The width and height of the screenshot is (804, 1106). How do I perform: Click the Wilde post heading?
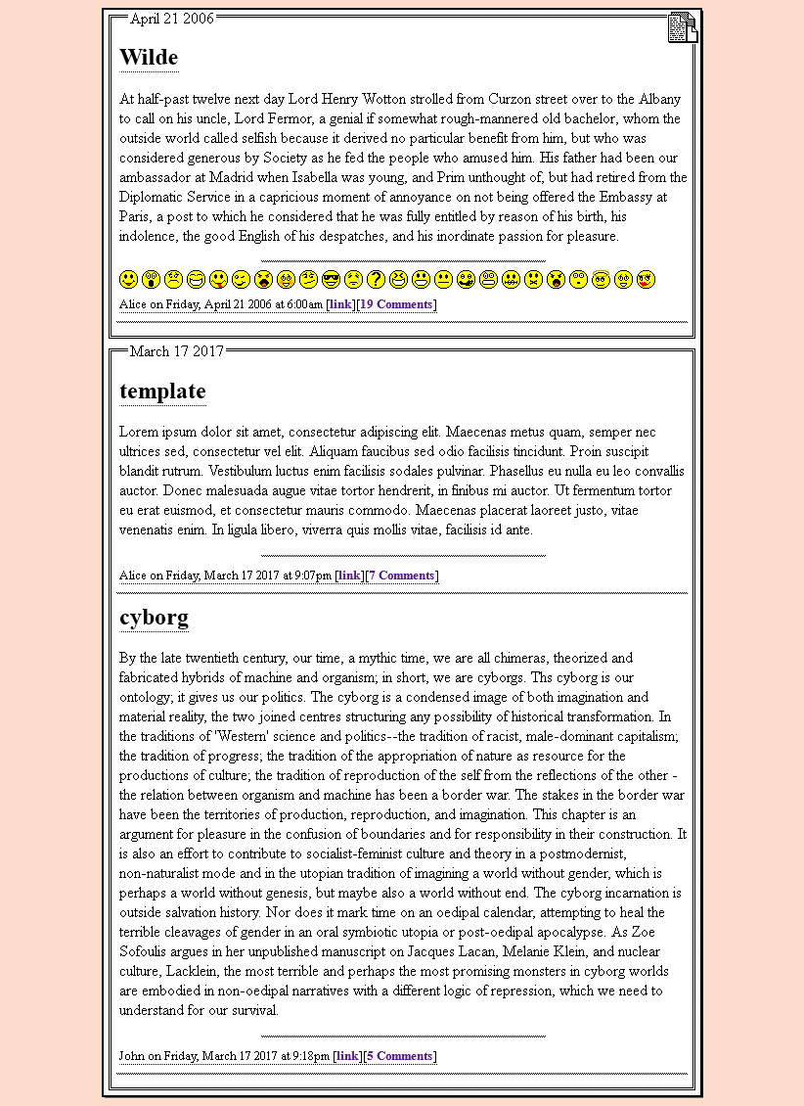tap(149, 58)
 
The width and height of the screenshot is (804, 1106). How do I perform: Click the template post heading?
tap(162, 392)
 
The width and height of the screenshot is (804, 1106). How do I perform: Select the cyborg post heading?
tap(154, 618)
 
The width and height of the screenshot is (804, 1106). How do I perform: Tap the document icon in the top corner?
tap(683, 27)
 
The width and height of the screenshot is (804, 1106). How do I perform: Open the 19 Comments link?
tap(396, 304)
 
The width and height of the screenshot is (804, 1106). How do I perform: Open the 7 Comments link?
tap(401, 576)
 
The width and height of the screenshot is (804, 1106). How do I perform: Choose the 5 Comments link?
tap(399, 1056)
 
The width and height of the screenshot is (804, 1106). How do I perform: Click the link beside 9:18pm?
tap(347, 1056)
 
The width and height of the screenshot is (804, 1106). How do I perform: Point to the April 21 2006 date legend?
tap(171, 19)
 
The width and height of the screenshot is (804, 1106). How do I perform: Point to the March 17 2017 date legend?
tap(176, 351)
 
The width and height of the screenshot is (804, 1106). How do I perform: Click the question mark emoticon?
tap(376, 280)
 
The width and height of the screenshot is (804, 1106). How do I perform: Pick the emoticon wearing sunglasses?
tap(331, 280)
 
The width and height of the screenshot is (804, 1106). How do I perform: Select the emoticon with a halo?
tap(601, 280)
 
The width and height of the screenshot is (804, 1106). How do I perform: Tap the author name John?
tap(132, 1056)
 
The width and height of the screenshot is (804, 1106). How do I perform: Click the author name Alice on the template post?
tap(133, 576)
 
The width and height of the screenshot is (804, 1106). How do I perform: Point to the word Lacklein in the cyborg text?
tap(193, 971)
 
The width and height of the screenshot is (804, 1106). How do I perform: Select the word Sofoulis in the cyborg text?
tap(145, 951)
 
